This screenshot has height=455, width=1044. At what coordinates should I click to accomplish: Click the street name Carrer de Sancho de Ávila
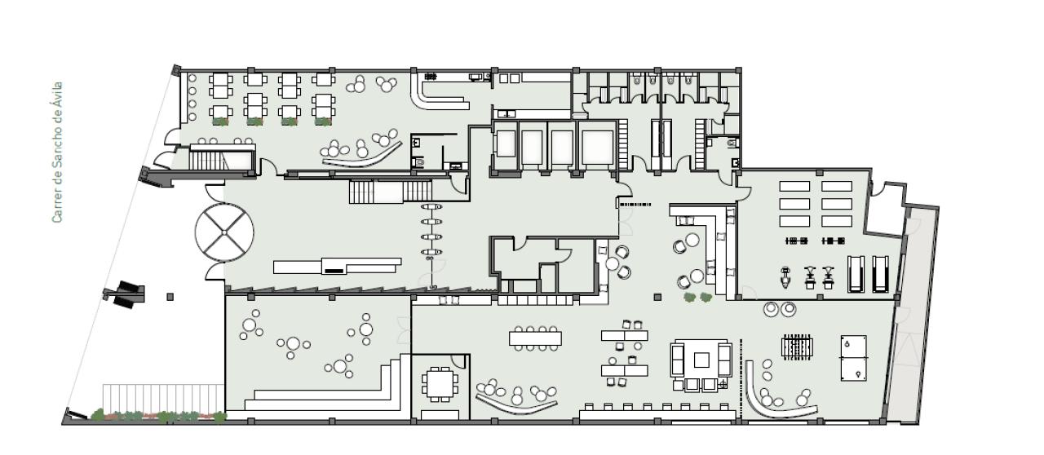(56, 152)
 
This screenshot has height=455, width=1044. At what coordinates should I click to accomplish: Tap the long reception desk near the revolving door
(337, 266)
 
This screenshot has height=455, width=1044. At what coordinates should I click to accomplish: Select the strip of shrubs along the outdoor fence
(159, 417)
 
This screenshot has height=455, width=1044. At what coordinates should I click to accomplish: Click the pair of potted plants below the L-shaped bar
(697, 298)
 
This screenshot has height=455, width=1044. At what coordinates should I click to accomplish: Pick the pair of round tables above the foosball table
(779, 309)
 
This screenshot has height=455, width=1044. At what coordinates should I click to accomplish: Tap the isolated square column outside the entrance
(170, 297)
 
